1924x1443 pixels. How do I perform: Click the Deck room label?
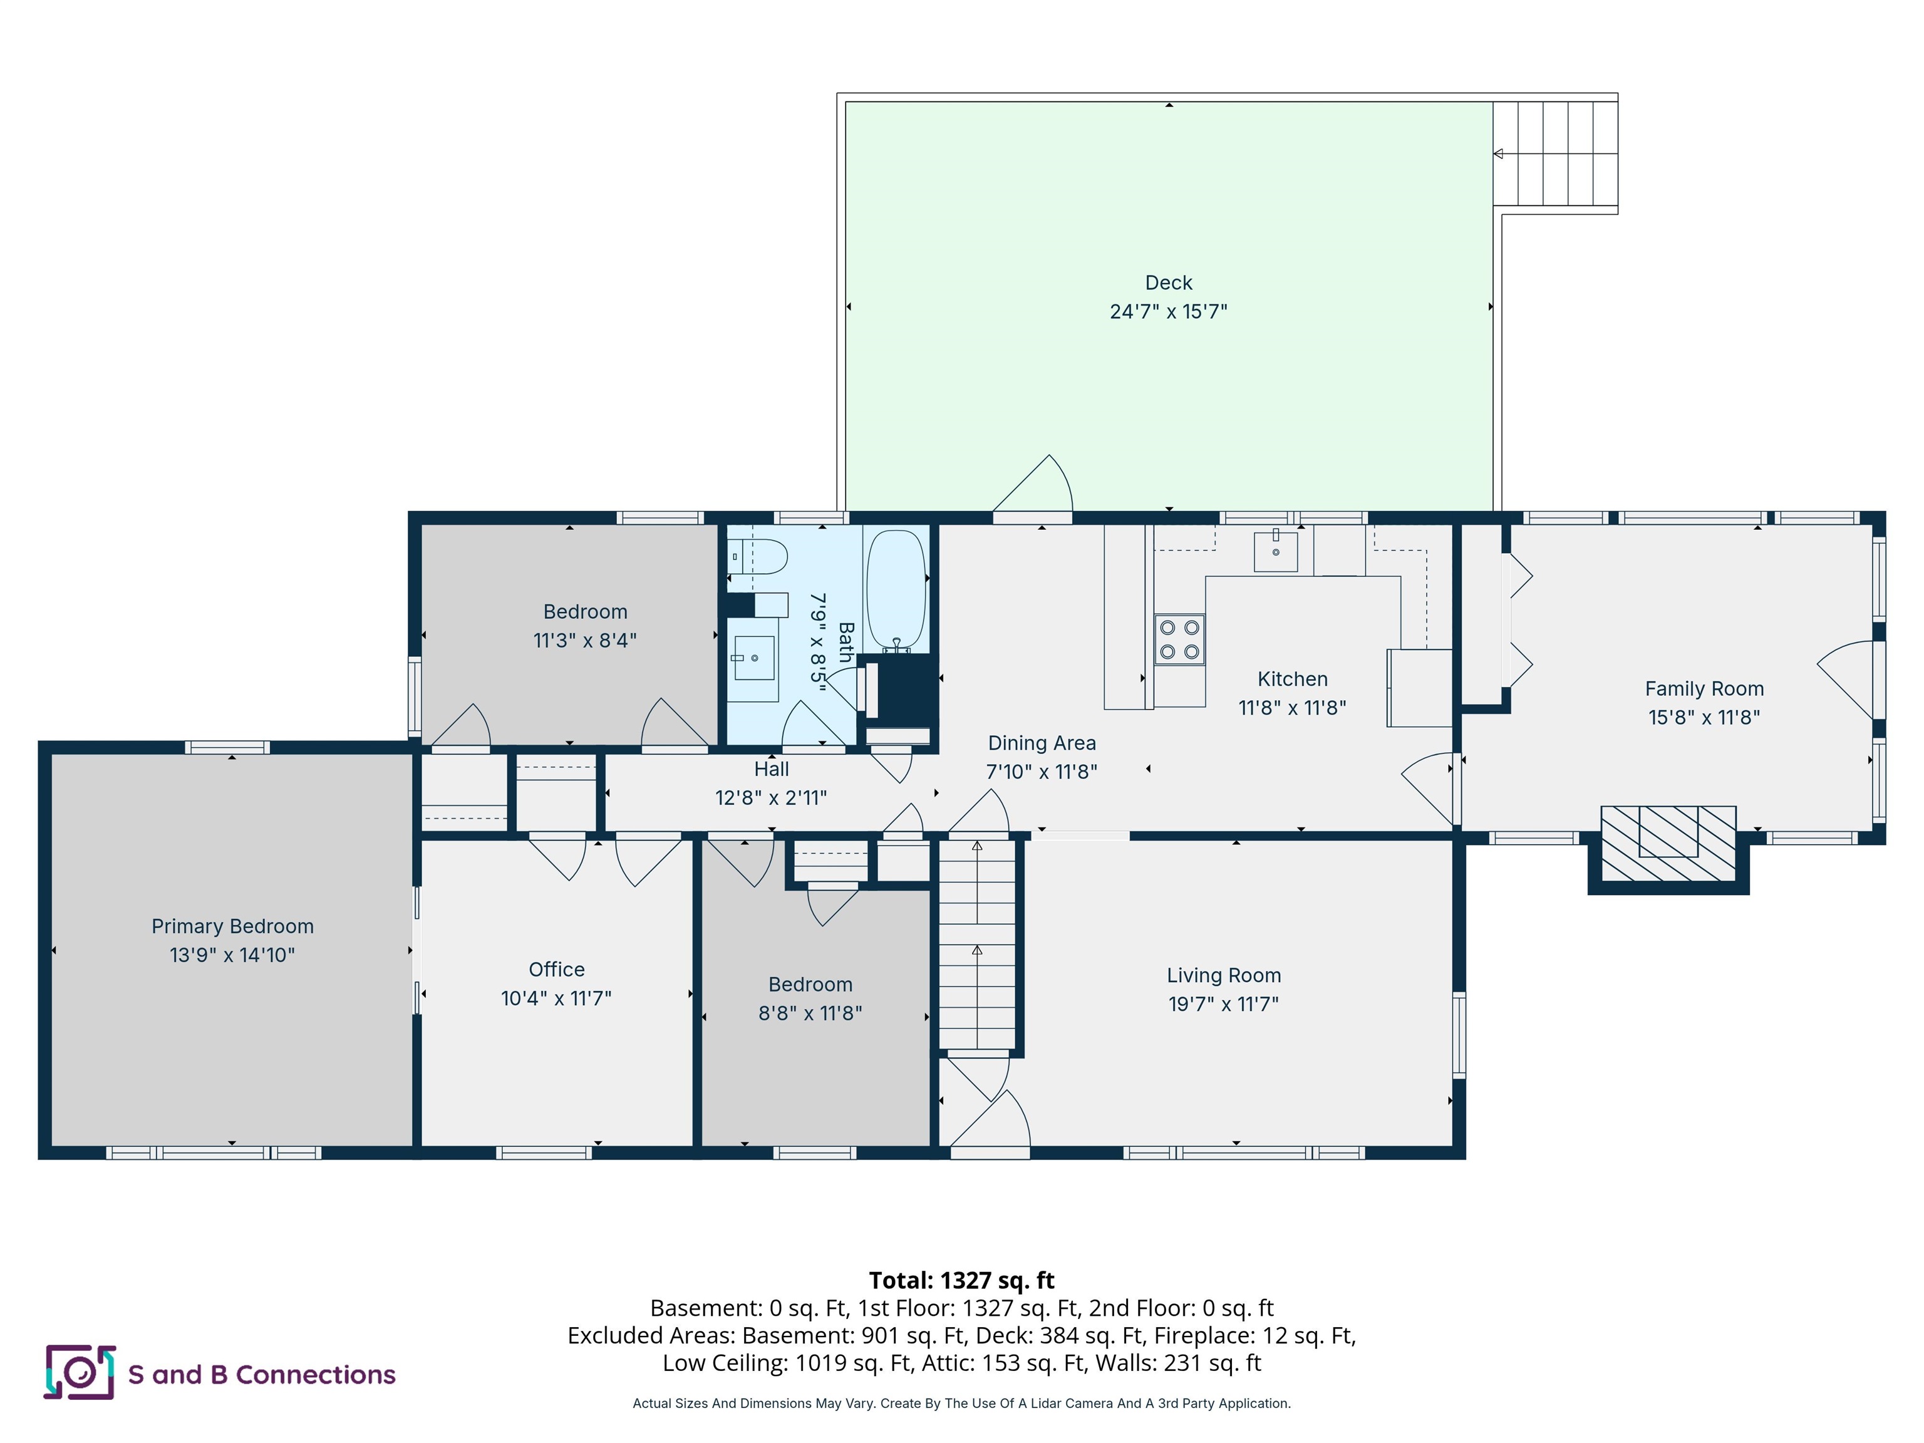[1168, 282]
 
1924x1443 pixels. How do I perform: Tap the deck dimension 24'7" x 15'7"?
[1168, 311]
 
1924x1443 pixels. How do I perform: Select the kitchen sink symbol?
[1275, 551]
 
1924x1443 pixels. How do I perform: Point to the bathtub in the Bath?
[896, 590]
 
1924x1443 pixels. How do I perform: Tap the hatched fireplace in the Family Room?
[1668, 843]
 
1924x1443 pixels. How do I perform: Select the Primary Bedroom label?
[232, 926]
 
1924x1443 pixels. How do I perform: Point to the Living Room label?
[1223, 975]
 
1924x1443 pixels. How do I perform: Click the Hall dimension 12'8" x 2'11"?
[770, 798]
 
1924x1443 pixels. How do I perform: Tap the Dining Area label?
[1041, 743]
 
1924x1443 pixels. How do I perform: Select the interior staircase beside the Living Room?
[977, 944]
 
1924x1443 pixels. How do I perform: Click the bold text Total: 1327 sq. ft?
[961, 1280]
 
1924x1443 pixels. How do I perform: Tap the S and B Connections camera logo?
[80, 1373]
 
